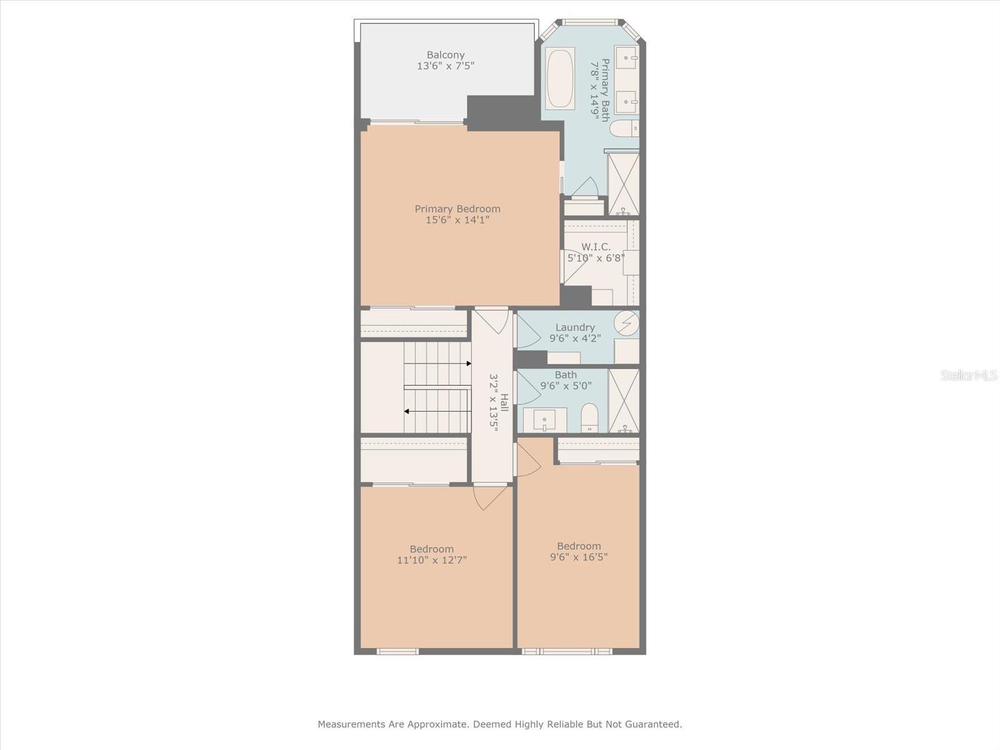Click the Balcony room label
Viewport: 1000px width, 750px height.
point(446,55)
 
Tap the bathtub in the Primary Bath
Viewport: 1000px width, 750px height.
point(559,78)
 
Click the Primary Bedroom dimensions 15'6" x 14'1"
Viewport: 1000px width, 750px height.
point(457,220)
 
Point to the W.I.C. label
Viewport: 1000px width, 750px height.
point(596,247)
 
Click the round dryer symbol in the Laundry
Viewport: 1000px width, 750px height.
point(626,323)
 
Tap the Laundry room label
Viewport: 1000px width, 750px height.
point(575,327)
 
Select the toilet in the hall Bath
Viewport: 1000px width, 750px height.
point(589,417)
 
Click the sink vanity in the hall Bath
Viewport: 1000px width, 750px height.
point(544,419)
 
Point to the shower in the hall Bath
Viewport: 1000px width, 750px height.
point(624,400)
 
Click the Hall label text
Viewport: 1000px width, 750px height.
point(504,402)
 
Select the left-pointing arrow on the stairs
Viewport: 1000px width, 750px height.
point(407,411)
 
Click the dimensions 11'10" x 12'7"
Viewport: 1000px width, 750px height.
point(432,560)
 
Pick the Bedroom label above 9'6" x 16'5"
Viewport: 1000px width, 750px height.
point(579,546)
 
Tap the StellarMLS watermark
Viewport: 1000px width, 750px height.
point(969,376)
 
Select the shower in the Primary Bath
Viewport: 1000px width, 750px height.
point(623,183)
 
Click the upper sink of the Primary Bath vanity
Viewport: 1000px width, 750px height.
point(626,57)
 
